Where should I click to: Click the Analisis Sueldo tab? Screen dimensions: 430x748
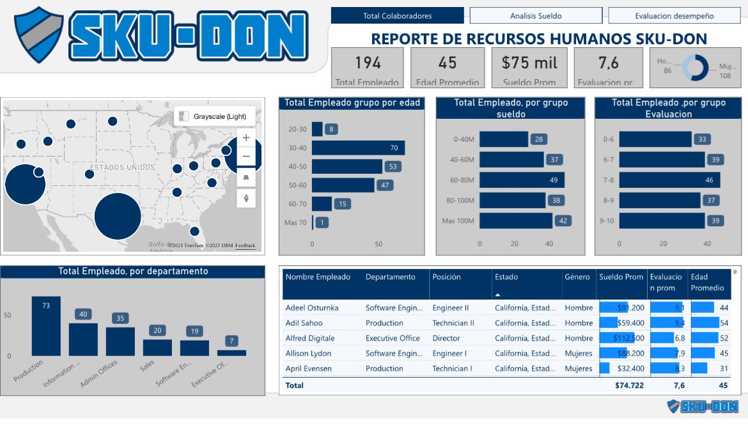coord(536,16)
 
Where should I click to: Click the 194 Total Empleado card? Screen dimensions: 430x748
coord(368,68)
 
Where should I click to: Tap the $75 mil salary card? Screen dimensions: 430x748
coord(529,68)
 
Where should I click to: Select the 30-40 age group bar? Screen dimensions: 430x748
coord(358,148)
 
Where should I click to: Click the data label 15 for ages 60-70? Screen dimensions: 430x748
coord(343,204)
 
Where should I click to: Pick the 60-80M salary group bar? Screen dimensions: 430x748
coord(522,180)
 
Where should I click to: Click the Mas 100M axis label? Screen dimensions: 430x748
coord(458,221)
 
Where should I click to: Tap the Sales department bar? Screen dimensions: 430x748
coord(157,348)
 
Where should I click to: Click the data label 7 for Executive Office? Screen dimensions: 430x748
coord(231,341)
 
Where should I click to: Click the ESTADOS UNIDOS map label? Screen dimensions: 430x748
coord(122,167)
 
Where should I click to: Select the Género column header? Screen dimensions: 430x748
coord(577,277)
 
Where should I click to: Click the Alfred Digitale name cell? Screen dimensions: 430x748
coord(310,338)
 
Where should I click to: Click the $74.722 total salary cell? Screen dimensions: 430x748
coord(629,385)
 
